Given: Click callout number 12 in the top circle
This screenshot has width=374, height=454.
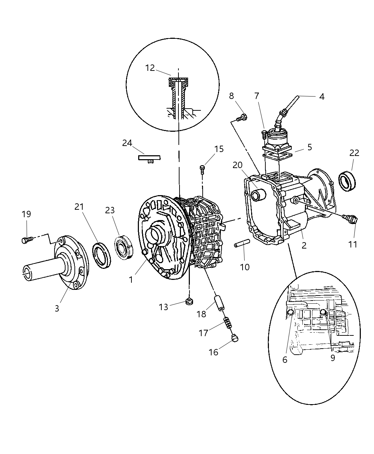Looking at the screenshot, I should click(150, 68).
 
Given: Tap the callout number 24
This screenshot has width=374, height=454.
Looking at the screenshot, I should click(127, 143).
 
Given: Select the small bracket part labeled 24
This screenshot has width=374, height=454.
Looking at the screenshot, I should click(149, 158).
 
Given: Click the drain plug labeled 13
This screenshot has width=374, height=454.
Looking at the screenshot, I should click(189, 302).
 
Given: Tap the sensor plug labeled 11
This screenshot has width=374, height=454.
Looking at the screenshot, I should click(350, 219).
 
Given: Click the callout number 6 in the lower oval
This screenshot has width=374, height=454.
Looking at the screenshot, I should click(285, 360).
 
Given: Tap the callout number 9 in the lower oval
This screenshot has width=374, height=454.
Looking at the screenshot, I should click(333, 358).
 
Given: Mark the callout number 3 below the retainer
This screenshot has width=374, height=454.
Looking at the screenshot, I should click(57, 308).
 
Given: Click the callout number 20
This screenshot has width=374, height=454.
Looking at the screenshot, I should click(238, 165).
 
